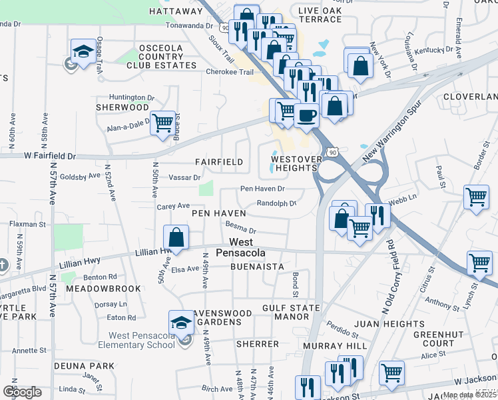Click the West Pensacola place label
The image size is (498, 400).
[248, 248]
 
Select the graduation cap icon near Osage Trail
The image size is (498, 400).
[83, 51]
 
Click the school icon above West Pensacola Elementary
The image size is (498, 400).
[181, 323]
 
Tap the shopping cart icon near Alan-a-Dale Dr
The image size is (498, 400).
[162, 123]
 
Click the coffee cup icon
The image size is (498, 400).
[306, 115]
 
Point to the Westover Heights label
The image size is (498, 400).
[296, 163]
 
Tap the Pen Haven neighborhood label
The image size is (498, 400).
[219, 213]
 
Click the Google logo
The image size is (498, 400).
[22, 392]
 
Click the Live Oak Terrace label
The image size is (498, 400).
[320, 15]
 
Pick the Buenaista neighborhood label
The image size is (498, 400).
[257, 267]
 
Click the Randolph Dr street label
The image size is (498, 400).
[276, 203]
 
